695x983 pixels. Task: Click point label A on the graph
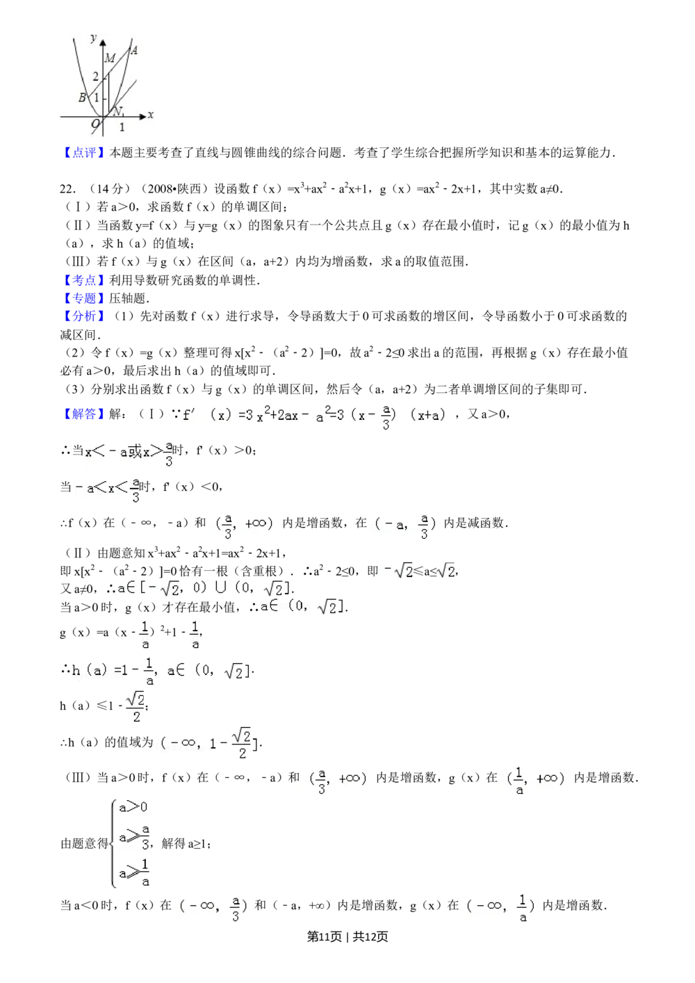click(x=134, y=50)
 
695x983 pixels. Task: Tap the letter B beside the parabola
click(x=82, y=98)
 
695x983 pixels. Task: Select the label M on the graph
click(x=109, y=58)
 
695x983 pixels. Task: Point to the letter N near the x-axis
click(x=117, y=111)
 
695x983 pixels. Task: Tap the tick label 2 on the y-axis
click(x=96, y=77)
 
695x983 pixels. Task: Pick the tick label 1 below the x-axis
click(x=122, y=127)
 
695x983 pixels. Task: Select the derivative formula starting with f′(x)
click(x=317, y=415)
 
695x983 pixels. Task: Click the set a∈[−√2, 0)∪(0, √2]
click(x=203, y=588)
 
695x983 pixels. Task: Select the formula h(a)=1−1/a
click(x=161, y=671)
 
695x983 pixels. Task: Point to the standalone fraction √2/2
click(x=134, y=708)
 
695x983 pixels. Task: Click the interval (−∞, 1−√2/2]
click(x=206, y=743)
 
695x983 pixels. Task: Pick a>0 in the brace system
click(x=131, y=807)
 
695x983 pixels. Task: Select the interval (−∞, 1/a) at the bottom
click(x=500, y=907)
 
